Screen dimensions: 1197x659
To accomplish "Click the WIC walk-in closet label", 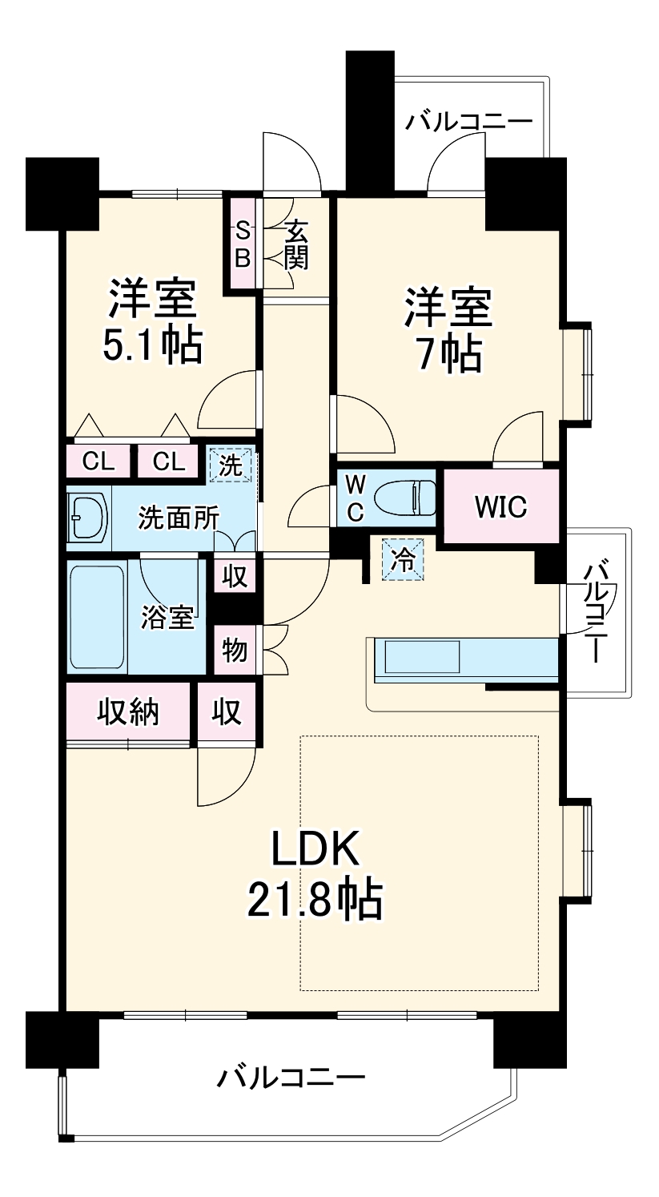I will point(500,507).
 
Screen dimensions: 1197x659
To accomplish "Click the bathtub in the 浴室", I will point(96,617).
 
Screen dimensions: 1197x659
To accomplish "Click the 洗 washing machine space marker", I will point(231,465).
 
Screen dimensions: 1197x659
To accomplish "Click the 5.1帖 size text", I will point(151,345).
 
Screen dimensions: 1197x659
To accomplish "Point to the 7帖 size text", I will point(448,353).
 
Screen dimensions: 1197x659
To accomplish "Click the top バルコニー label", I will point(468,123).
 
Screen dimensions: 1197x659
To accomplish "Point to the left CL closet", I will point(98,461).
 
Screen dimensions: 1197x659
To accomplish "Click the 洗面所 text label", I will point(178,518).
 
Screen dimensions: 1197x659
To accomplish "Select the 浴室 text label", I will point(167,617).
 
